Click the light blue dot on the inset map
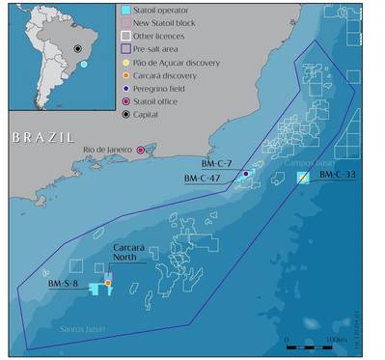pyautogui.click(x=84, y=64)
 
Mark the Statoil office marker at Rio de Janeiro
pyautogui.click(x=141, y=151)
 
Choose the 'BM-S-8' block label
pyautogui.click(x=65, y=283)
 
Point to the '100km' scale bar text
pyautogui.click(x=338, y=340)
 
